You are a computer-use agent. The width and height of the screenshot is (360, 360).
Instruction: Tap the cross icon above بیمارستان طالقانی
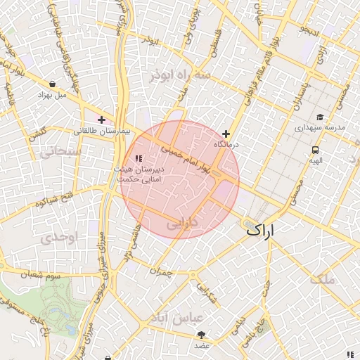(102, 120)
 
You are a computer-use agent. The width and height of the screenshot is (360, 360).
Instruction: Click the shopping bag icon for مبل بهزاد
(53, 83)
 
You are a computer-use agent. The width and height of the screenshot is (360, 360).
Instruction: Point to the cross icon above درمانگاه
(226, 134)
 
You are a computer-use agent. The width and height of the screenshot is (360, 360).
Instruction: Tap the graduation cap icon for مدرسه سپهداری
(320, 117)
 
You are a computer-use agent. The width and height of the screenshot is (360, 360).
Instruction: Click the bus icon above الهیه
(315, 150)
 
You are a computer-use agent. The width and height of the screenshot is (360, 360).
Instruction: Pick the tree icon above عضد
(202, 335)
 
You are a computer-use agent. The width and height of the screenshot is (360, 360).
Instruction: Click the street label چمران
(161, 270)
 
